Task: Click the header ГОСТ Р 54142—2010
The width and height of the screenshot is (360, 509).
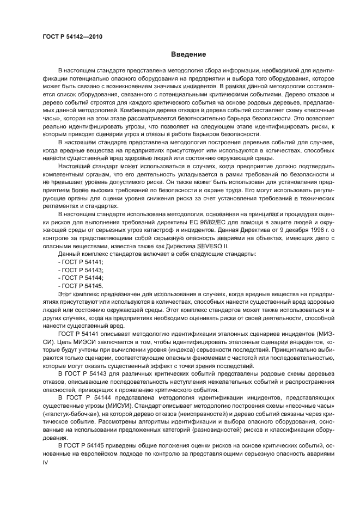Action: [72, 37]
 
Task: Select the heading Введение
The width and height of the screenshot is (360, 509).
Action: [188, 54]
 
